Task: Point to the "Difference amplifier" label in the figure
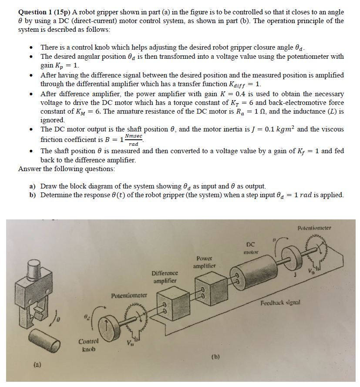[x=165, y=277]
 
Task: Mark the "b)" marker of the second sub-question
[x=33, y=195]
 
